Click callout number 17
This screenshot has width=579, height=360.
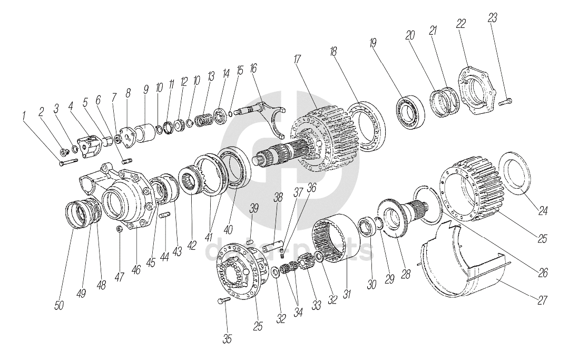298,59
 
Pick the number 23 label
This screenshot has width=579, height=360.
493,17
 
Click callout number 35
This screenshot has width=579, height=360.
227,338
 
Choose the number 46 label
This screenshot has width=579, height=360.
136,269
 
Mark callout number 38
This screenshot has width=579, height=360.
278,198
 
